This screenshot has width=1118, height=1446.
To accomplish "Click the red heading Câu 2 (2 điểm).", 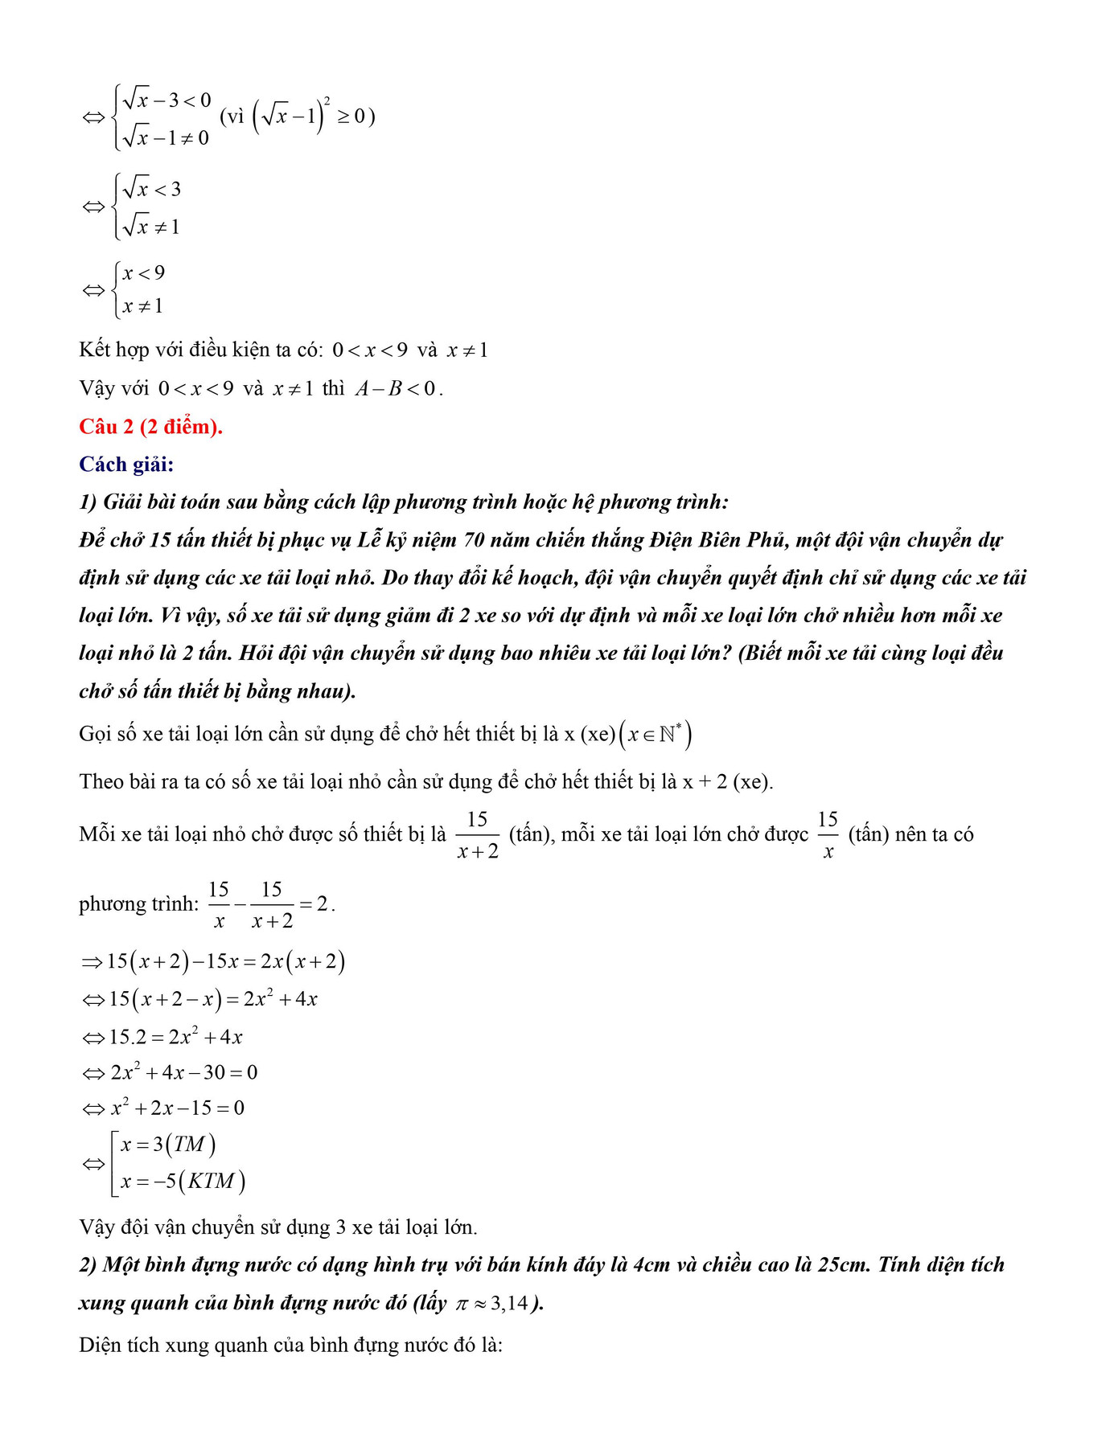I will [150, 427].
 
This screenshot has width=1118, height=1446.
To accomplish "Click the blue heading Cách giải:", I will [126, 465].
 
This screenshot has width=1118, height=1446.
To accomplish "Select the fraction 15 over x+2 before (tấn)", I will [478, 835].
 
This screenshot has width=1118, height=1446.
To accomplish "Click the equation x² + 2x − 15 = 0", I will [177, 1108].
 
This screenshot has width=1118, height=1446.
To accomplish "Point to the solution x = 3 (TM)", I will [167, 1145].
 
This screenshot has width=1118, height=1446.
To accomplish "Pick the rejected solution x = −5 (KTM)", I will [183, 1182].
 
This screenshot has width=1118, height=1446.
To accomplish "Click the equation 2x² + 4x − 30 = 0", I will [183, 1072].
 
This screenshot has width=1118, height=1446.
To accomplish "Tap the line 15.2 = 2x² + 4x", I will [175, 1037].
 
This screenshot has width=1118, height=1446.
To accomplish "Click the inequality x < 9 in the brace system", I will [144, 273].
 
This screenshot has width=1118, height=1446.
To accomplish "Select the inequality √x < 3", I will [152, 190].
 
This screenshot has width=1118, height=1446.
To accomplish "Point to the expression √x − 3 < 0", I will [166, 100].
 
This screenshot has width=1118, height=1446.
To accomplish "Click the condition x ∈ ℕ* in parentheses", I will [656, 734].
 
